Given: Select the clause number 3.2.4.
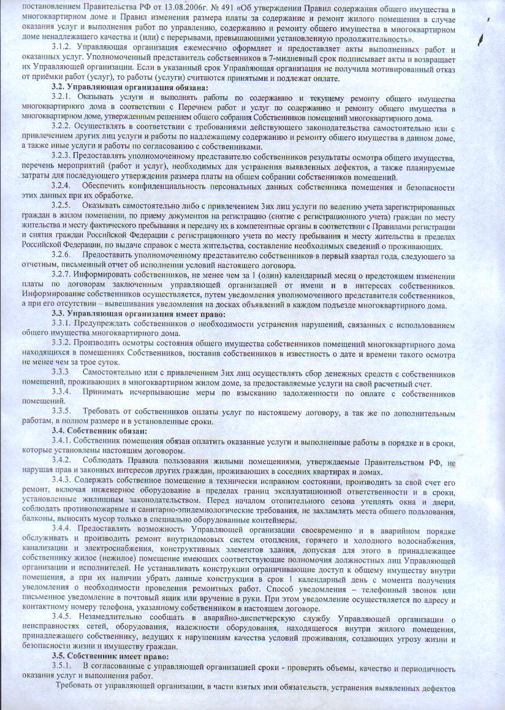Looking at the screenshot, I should coord(64,186).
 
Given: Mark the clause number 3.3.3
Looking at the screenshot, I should coord(64,372).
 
